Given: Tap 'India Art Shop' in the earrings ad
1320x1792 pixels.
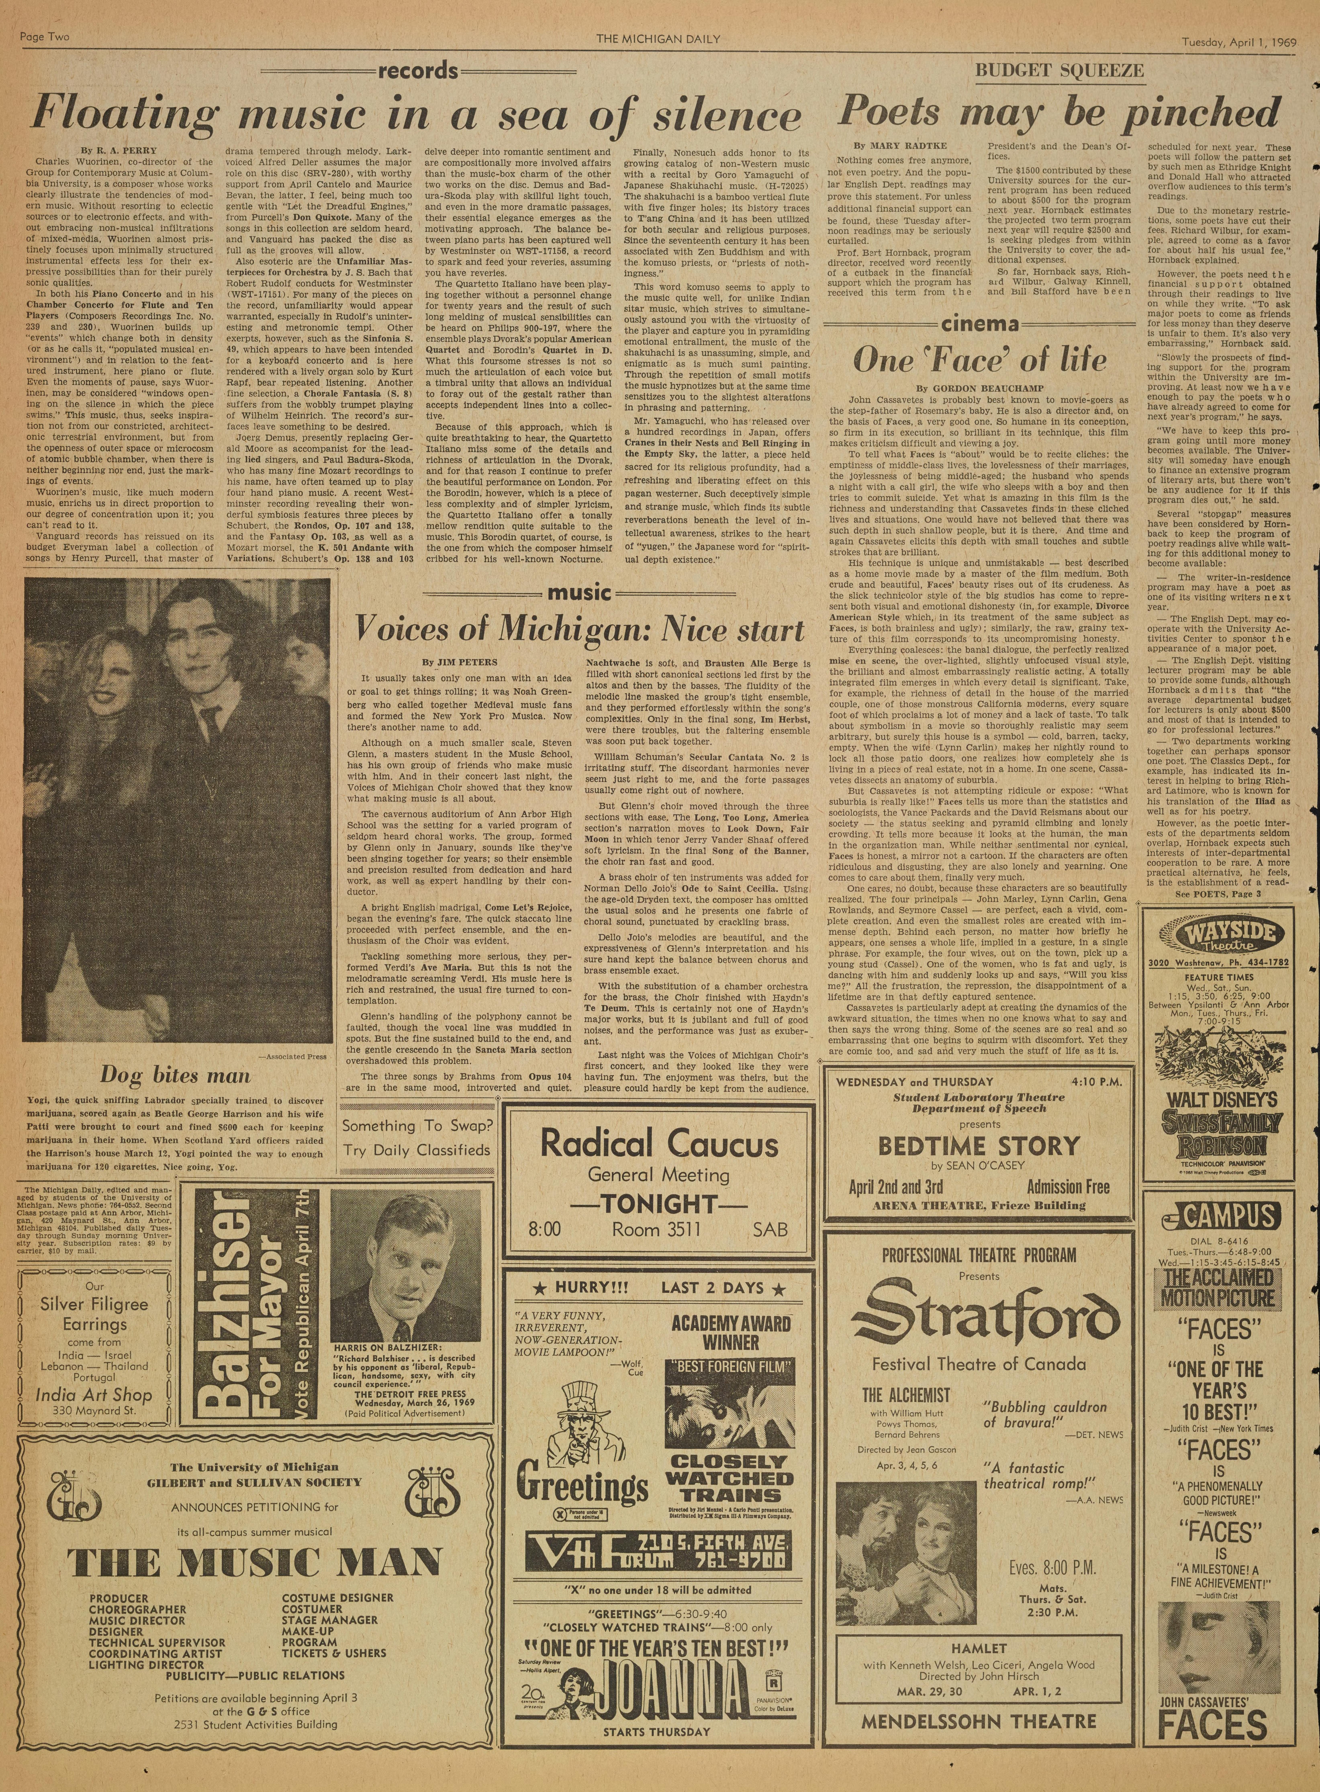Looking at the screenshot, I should [93, 1395].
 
